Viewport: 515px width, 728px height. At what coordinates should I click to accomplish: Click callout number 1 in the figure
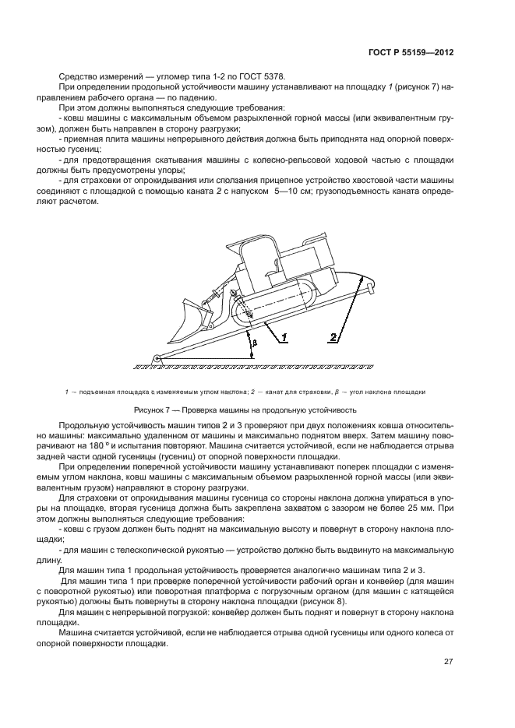[x=284, y=337]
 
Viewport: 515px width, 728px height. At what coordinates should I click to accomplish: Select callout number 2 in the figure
[x=333, y=338]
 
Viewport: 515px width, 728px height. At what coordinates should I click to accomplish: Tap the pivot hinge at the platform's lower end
[x=157, y=359]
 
